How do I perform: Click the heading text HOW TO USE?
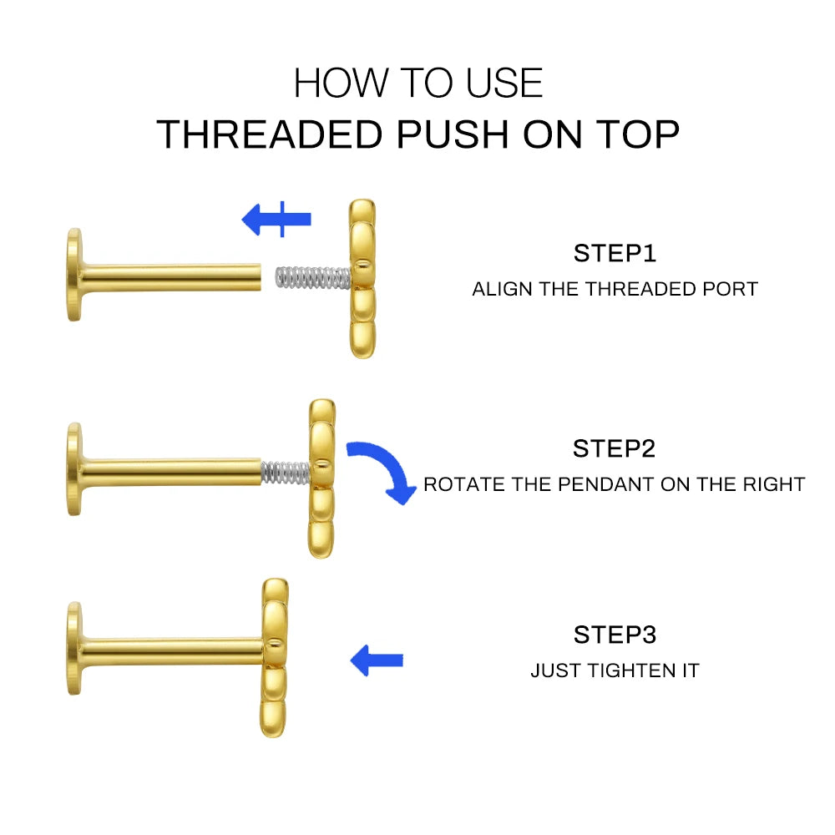[417, 83]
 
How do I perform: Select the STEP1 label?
[615, 253]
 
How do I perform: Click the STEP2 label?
[615, 448]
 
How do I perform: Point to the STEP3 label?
[615, 635]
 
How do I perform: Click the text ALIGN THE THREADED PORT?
[615, 290]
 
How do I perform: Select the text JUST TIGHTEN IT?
[615, 671]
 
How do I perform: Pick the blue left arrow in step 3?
[377, 660]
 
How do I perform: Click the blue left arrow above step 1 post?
[276, 220]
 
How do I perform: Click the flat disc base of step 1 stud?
[75, 275]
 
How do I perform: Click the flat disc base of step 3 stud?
[75, 648]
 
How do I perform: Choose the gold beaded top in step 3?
[275, 657]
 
